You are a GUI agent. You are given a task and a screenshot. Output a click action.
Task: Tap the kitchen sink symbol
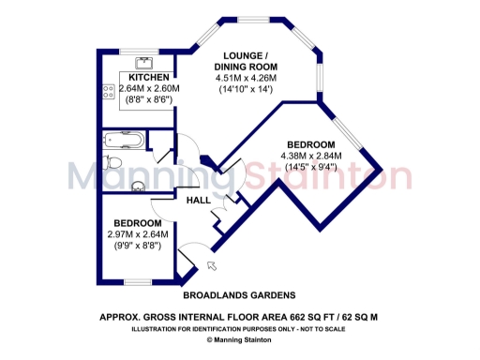tap(143, 63)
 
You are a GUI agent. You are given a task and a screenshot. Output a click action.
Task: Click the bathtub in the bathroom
tap(123, 142)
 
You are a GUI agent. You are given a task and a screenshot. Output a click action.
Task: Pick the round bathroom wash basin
tap(139, 184)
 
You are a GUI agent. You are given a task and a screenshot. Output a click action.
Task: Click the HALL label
tap(199, 201)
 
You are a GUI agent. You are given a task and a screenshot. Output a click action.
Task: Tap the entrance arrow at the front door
tap(209, 267)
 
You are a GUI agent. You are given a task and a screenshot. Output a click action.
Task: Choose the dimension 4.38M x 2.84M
tap(311, 156)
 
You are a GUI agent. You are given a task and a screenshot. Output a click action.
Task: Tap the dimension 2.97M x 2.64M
tap(137, 234)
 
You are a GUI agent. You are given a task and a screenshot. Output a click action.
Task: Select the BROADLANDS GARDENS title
tap(241, 294)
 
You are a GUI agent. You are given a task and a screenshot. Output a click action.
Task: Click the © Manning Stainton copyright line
tap(240, 340)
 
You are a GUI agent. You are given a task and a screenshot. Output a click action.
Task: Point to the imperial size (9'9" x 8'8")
tap(137, 246)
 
